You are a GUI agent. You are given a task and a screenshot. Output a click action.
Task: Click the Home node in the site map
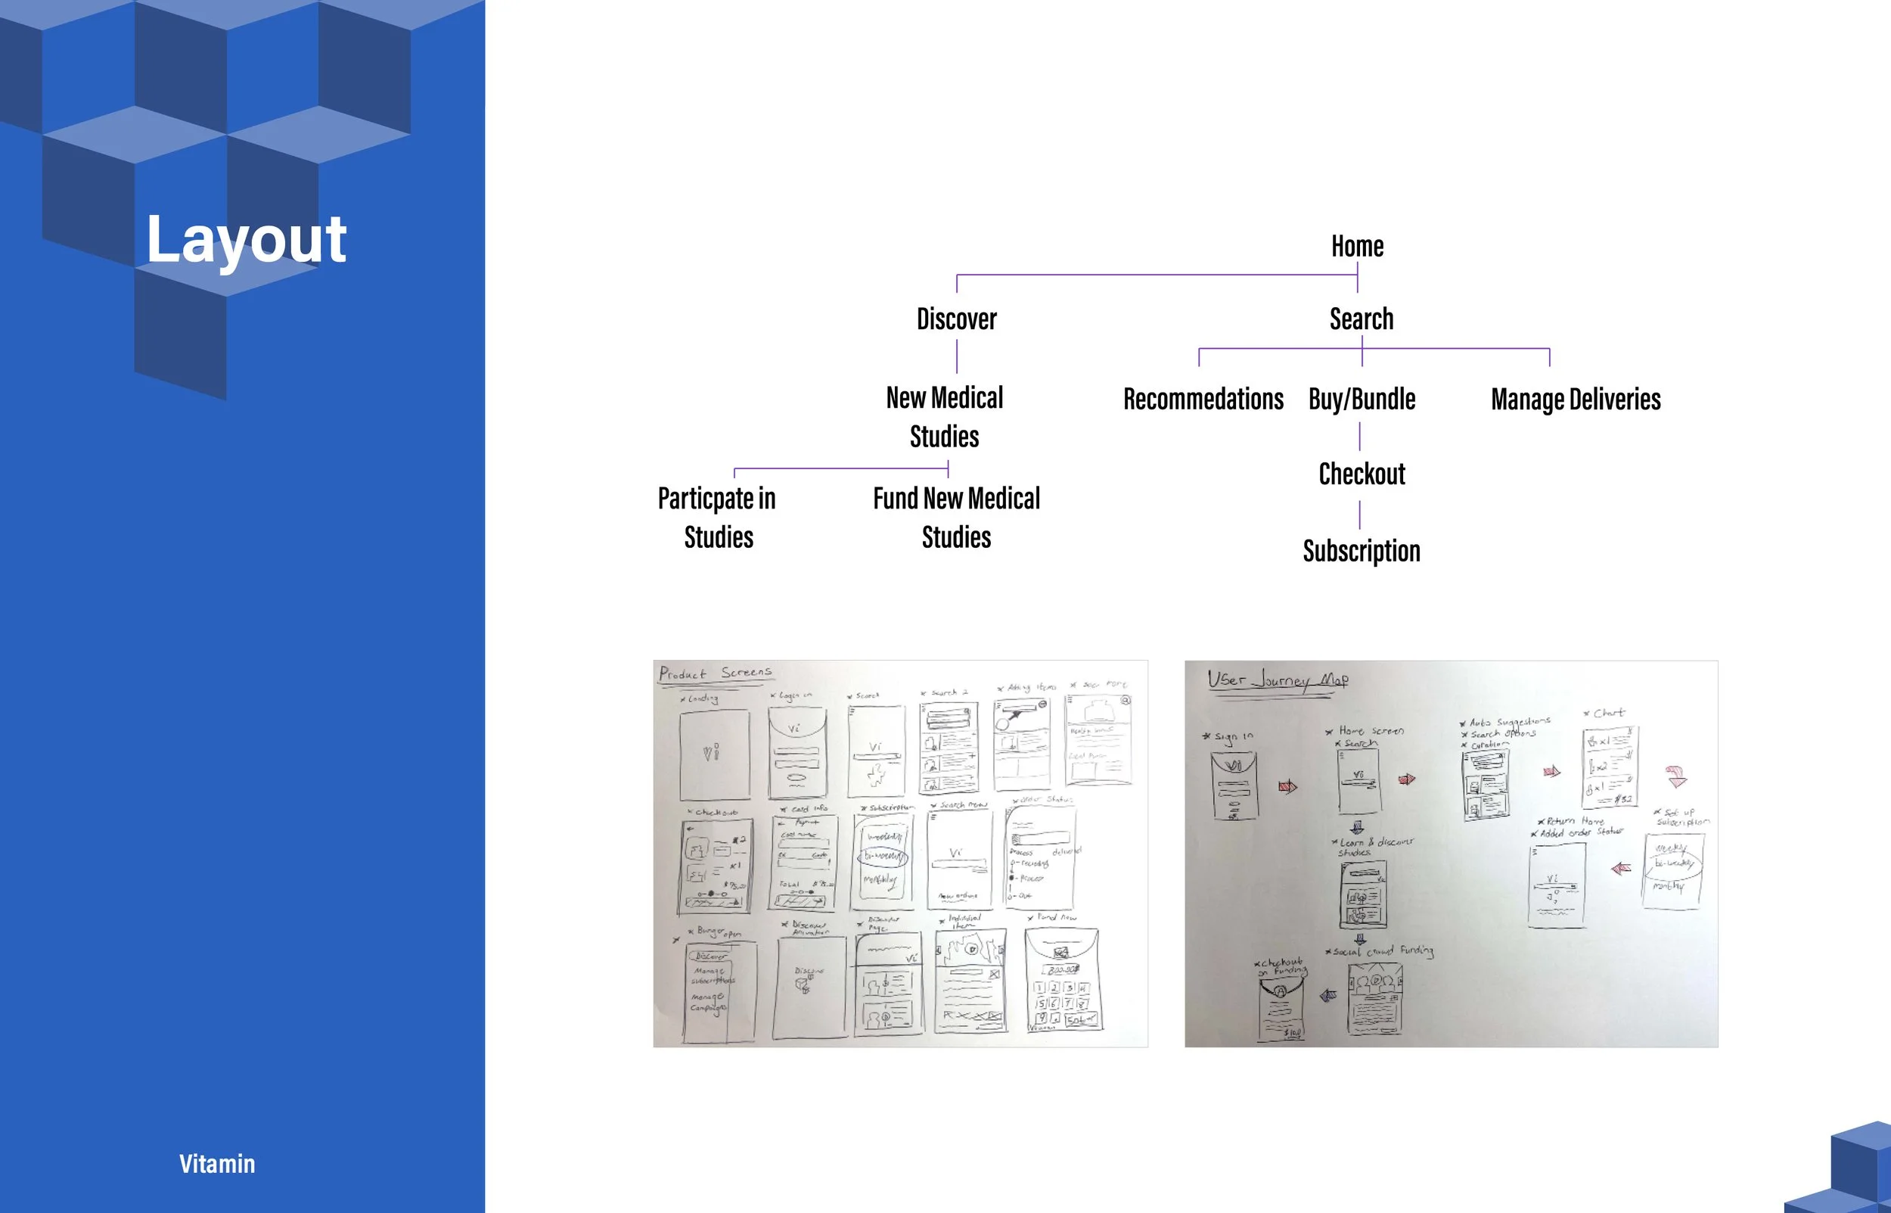pyautogui.click(x=1357, y=247)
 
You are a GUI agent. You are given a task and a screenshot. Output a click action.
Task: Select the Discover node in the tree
pyautogui.click(x=957, y=319)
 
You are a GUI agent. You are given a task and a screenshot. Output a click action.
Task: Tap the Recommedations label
pyautogui.click(x=1203, y=400)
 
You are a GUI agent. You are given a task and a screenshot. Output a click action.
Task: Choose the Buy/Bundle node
pyautogui.click(x=1362, y=400)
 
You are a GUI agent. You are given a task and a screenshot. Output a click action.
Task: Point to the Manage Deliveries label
pyautogui.click(x=1576, y=400)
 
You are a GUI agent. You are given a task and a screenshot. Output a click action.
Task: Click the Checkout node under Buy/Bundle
pyautogui.click(x=1362, y=474)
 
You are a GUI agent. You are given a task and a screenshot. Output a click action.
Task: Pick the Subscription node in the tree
pyautogui.click(x=1362, y=551)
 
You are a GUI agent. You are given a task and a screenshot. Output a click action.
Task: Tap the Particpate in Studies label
pyautogui.click(x=717, y=518)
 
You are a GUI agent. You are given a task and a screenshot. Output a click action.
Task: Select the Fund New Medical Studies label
pyautogui.click(x=957, y=518)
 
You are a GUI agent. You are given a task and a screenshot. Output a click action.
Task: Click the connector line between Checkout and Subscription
pyautogui.click(x=1359, y=515)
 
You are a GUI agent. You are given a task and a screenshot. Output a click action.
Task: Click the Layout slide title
pyautogui.click(x=247, y=238)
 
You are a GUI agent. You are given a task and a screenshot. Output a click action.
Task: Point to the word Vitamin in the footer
pyautogui.click(x=217, y=1163)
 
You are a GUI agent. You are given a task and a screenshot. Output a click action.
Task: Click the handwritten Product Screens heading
pyautogui.click(x=716, y=673)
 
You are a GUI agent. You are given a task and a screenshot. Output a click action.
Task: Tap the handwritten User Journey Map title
pyautogui.click(x=1277, y=680)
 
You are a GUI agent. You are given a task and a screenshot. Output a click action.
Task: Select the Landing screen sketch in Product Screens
pyautogui.click(x=714, y=754)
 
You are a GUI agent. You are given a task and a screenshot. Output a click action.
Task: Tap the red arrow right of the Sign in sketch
pyautogui.click(x=1288, y=786)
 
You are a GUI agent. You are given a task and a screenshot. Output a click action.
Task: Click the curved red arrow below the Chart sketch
pyautogui.click(x=1677, y=776)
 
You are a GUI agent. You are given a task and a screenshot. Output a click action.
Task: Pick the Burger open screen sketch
pyautogui.click(x=720, y=991)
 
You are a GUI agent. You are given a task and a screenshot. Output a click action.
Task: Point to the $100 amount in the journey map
pyautogui.click(x=1292, y=1033)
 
